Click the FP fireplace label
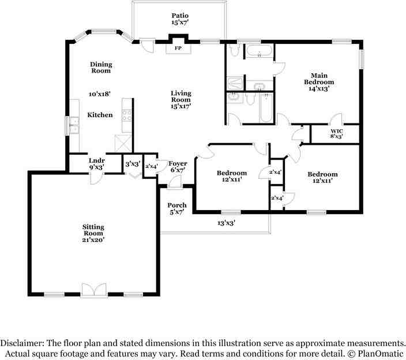(178, 48)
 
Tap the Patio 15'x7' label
(180, 19)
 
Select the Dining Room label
(101, 67)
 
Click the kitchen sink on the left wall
(73, 125)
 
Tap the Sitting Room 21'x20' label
(93, 231)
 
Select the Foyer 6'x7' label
(178, 167)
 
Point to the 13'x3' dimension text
(226, 222)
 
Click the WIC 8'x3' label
(337, 134)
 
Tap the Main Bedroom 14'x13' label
(319, 82)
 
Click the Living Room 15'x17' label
(181, 99)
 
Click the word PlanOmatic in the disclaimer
(379, 352)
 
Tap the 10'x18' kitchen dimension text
(99, 93)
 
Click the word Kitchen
(100, 115)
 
